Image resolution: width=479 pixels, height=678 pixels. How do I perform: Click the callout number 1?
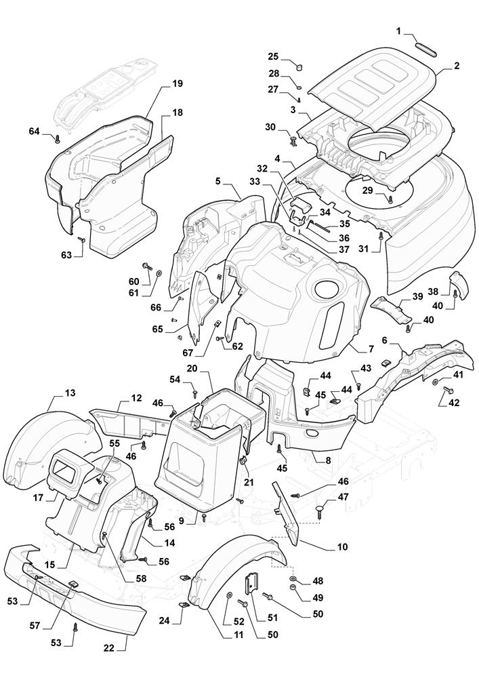click(x=399, y=31)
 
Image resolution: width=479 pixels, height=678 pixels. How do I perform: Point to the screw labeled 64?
click(x=58, y=138)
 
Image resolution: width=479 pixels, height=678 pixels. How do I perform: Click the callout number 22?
click(x=108, y=648)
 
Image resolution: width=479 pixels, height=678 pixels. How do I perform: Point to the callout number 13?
click(x=70, y=393)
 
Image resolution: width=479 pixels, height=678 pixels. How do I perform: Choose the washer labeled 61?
click(x=159, y=273)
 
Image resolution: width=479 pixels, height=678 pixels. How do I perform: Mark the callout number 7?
click(x=371, y=349)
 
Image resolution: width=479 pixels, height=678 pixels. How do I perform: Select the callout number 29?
click(x=367, y=191)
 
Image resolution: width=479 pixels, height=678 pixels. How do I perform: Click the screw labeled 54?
click(x=195, y=392)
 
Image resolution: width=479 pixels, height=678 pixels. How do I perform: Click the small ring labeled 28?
click(x=298, y=87)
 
